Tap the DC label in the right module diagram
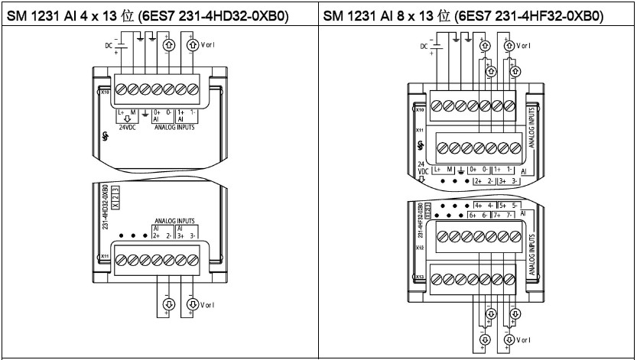pyautogui.click(x=425, y=47)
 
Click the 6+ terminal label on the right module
pyautogui.click(x=467, y=216)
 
